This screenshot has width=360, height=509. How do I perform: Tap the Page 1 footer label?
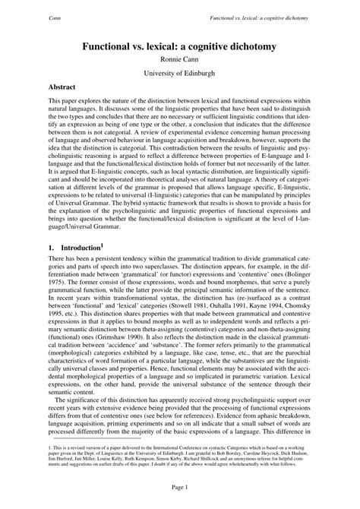coord(180,486)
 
